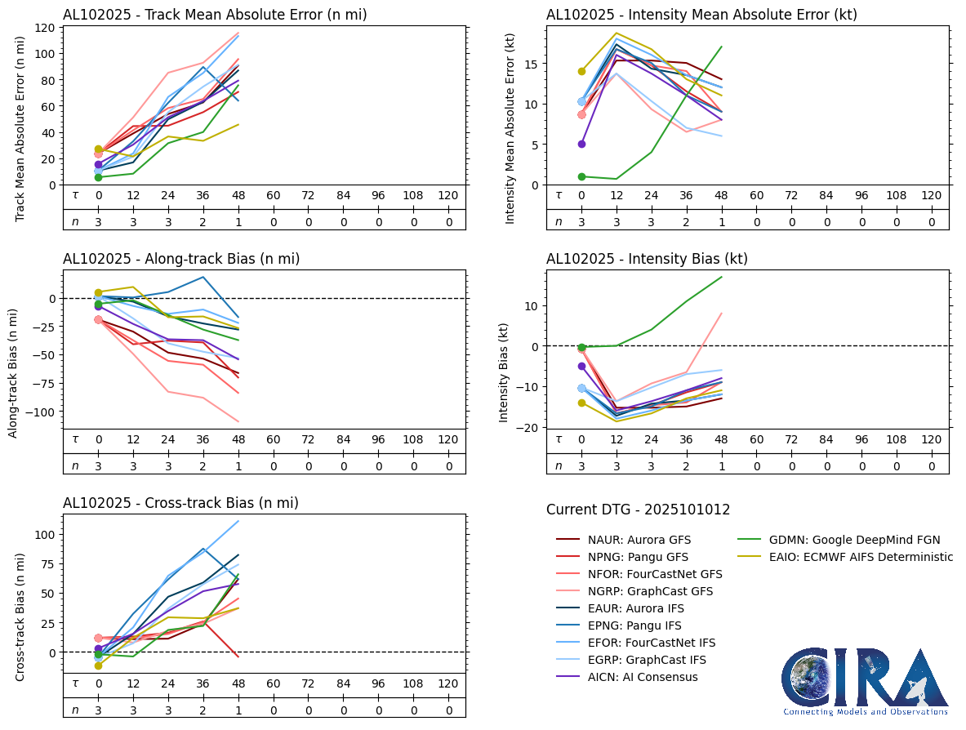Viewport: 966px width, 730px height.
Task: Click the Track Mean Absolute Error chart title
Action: pyautogui.click(x=215, y=15)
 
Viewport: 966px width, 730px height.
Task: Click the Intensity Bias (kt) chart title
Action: pyautogui.click(x=647, y=259)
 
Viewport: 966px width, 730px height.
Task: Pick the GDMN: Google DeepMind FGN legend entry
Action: pyautogui.click(x=841, y=540)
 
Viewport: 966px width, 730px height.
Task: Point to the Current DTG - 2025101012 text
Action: pyautogui.click(x=638, y=510)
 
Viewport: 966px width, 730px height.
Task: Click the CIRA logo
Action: pyautogui.click(x=866, y=682)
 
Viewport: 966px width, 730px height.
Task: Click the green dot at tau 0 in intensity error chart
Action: pyautogui.click(x=582, y=176)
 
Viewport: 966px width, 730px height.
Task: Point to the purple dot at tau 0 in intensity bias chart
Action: pyautogui.click(x=582, y=367)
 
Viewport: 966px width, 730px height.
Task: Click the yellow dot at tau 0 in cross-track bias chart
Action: pyautogui.click(x=99, y=665)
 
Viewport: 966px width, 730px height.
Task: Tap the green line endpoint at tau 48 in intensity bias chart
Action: pyautogui.click(x=722, y=277)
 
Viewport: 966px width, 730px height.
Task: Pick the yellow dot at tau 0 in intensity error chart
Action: pyautogui.click(x=582, y=72)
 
